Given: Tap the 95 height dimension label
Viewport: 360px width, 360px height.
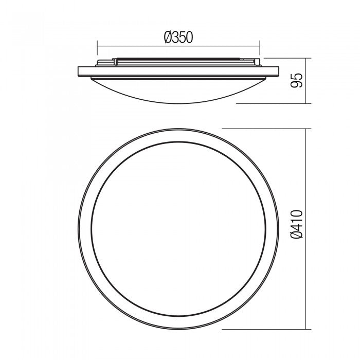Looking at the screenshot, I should (297, 80).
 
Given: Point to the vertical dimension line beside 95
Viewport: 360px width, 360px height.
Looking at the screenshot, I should (307, 80).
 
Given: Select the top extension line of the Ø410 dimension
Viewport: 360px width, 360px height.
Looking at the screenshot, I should (265, 128).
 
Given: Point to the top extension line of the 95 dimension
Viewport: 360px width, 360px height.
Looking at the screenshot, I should (288, 58).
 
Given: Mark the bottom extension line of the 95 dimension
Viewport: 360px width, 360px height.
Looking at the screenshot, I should (273, 103).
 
